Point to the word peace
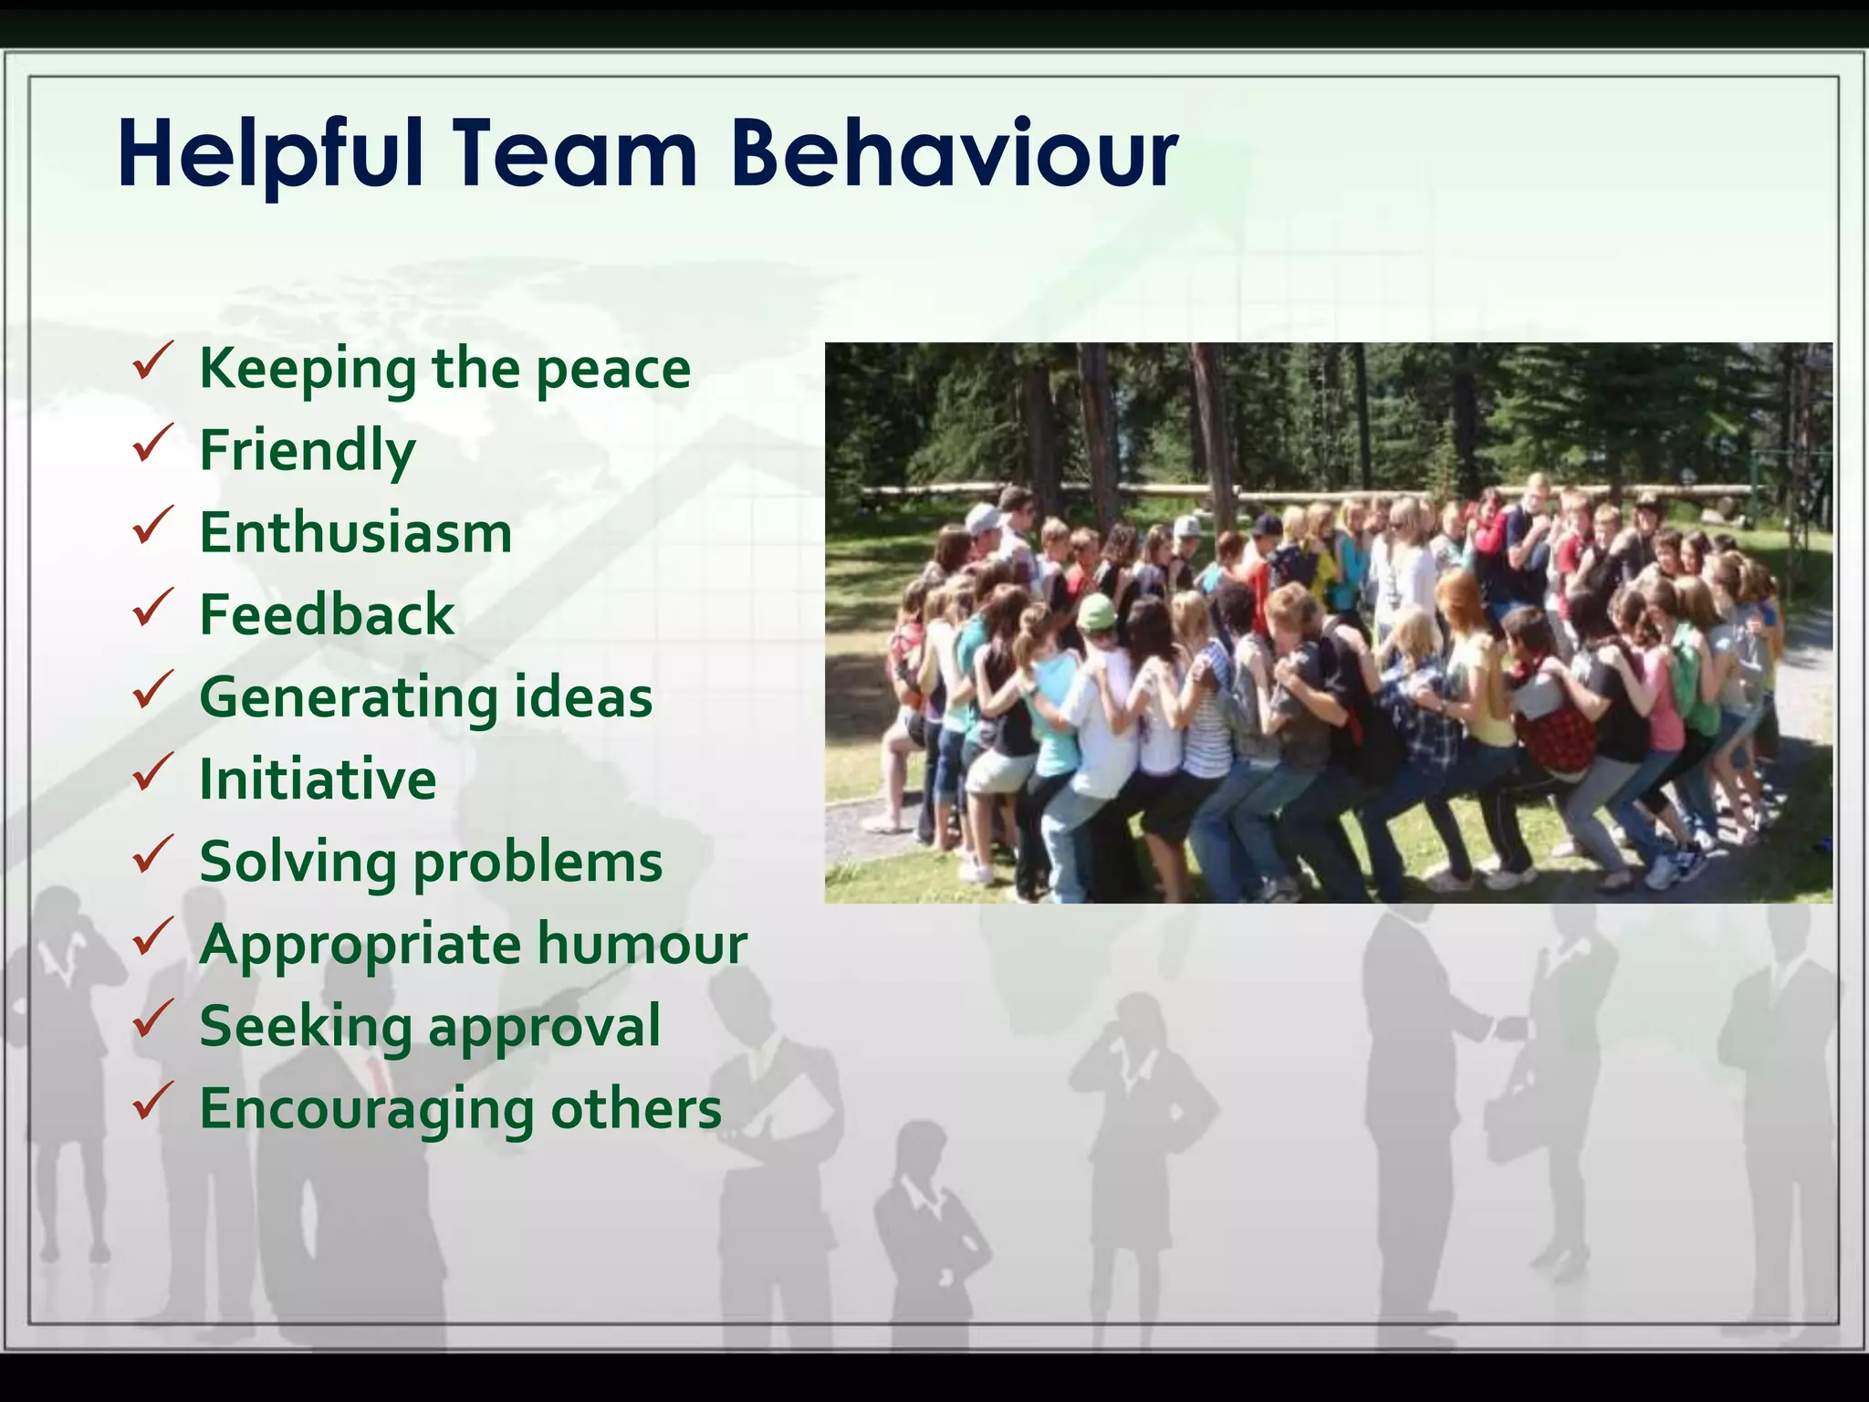612,369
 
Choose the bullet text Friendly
308,451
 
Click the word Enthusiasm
356,532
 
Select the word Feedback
327,614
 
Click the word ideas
583,696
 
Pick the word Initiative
318,779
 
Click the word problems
538,862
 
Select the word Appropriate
360,945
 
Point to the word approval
544,1027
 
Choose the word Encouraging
367,1109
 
